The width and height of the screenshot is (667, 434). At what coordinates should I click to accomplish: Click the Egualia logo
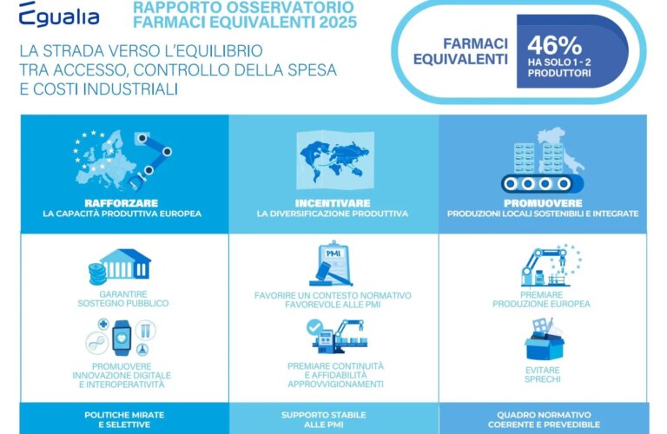coord(59,15)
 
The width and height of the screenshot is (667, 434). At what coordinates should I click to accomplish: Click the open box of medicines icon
coord(545,340)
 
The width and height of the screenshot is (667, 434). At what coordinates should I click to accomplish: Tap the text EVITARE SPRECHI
coord(542,374)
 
